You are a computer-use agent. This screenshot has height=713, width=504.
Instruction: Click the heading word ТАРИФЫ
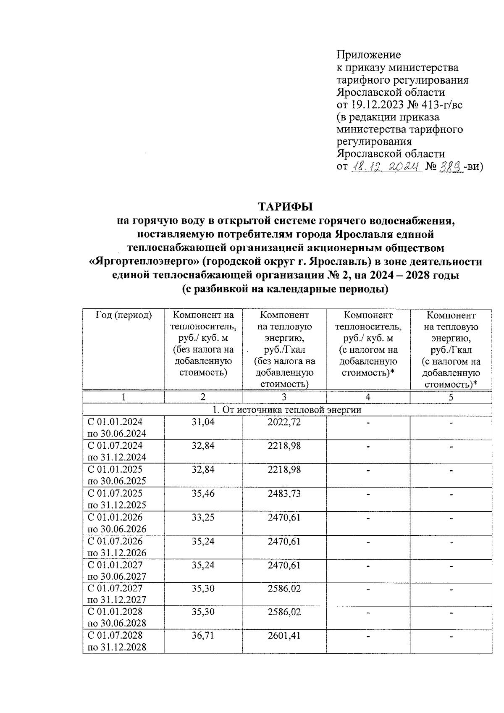[286, 207]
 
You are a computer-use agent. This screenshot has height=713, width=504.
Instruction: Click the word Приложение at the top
[368, 55]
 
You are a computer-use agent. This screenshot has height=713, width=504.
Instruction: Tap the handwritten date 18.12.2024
[386, 166]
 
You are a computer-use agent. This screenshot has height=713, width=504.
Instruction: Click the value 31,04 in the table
[203, 422]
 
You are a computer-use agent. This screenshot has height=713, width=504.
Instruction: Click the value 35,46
[203, 493]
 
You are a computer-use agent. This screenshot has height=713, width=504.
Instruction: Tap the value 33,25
[203, 517]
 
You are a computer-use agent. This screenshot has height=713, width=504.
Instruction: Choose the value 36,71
[203, 636]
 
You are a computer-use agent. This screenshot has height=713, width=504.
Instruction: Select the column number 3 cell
[284, 397]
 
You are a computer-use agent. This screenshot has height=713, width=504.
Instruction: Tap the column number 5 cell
[451, 397]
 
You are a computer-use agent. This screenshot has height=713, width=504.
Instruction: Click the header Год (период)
[123, 315]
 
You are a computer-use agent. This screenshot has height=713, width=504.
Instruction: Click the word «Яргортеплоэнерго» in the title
[144, 262]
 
